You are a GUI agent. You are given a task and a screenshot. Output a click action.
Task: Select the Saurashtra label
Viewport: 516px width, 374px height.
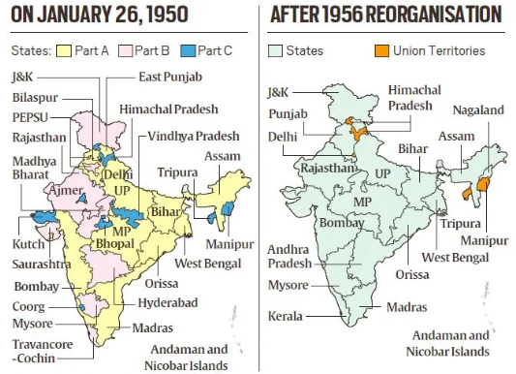(x=40, y=263)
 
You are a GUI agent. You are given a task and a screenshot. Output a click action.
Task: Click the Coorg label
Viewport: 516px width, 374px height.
(x=29, y=305)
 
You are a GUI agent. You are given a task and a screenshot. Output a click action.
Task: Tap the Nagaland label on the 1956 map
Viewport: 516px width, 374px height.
(x=478, y=110)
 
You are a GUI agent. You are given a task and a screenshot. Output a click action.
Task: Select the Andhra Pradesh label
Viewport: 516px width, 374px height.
(x=291, y=257)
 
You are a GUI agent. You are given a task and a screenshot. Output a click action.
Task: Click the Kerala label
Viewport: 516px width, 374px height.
(x=285, y=317)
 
